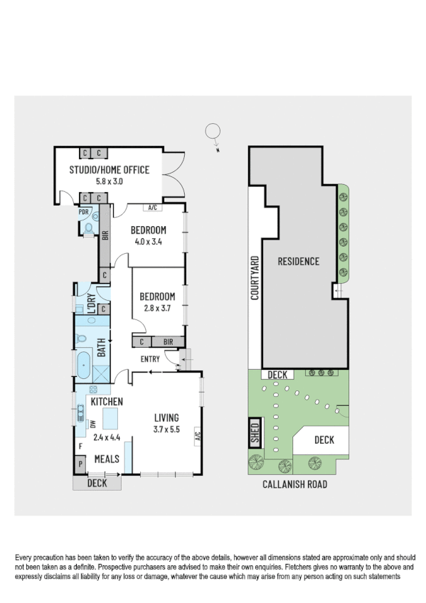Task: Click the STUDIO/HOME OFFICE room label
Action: pos(109,169)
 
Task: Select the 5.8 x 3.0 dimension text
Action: pos(109,181)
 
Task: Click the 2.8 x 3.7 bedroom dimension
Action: pos(157,308)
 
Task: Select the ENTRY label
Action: pos(150,359)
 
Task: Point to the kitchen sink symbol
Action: pos(81,412)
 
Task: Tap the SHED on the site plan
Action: pos(254,432)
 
